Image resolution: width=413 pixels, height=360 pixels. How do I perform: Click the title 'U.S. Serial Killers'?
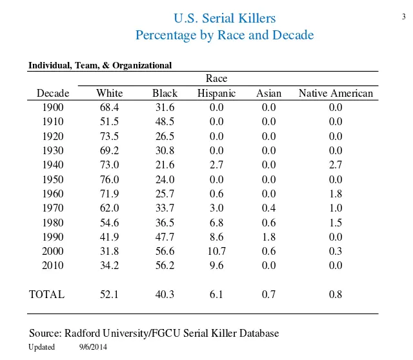[225, 18]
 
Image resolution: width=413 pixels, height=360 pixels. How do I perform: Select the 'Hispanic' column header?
[216, 94]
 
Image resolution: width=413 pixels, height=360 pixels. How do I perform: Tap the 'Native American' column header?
[336, 94]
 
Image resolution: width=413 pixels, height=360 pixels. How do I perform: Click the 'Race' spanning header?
[216, 79]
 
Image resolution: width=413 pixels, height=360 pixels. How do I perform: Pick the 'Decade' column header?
[53, 94]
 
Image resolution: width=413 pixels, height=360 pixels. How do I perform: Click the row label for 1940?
[53, 165]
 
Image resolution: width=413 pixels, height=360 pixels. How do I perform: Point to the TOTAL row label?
[47, 295]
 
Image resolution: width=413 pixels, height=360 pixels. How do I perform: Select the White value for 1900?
[109, 108]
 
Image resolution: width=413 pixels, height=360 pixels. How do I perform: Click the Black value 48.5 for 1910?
[165, 122]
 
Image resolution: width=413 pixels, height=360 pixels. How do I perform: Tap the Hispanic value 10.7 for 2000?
[216, 252]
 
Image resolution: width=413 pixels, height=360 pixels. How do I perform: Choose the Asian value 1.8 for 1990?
[268, 237]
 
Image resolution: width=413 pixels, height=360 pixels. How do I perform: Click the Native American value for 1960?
[336, 194]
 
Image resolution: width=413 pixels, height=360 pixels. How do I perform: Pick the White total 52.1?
[109, 295]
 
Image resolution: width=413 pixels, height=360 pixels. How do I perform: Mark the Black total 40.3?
[165, 295]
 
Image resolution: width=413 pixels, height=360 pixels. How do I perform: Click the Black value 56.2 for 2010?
[165, 266]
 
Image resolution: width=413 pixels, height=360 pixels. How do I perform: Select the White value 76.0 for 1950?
[109, 179]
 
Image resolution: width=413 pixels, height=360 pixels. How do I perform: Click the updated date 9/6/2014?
[92, 348]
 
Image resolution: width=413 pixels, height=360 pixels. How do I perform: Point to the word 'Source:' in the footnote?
[45, 334]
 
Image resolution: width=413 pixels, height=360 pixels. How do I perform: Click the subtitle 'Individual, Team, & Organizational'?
[100, 65]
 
